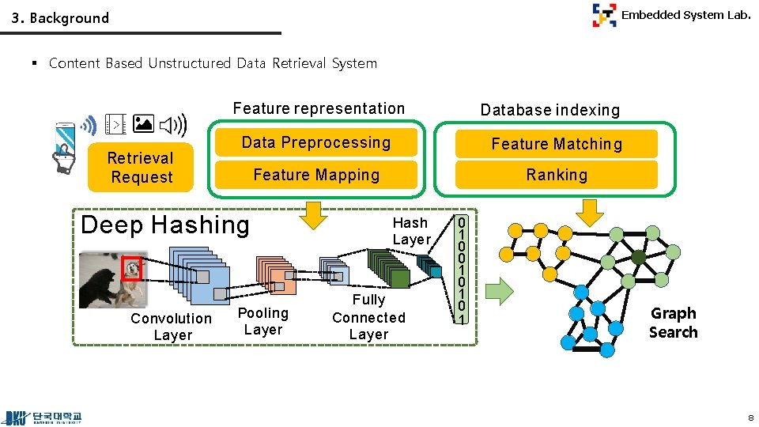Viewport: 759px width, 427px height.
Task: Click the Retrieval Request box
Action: click(142, 168)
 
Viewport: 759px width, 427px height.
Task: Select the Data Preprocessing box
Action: click(316, 142)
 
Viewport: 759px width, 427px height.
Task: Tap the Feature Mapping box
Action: click(316, 175)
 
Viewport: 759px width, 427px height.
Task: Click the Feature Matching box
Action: click(557, 144)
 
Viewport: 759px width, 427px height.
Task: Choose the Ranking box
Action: click(557, 175)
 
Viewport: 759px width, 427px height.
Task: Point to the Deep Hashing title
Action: click(164, 225)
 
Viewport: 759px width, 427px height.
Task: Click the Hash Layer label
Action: click(411, 231)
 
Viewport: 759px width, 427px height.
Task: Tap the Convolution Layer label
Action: click(172, 327)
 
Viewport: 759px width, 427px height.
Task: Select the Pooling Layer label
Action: click(263, 321)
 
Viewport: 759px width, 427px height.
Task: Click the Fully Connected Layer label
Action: click(368, 317)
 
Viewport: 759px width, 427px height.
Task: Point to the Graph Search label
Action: click(673, 323)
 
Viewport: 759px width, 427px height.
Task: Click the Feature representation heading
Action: click(319, 108)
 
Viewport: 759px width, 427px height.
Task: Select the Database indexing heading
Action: click(550, 110)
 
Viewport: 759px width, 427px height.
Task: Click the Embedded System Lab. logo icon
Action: click(605, 15)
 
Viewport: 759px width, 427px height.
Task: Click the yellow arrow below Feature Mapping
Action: click(315, 213)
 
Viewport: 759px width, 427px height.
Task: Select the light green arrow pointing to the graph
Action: click(498, 290)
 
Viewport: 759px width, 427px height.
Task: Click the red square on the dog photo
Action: click(131, 269)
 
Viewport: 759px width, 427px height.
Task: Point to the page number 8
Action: click(750, 417)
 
